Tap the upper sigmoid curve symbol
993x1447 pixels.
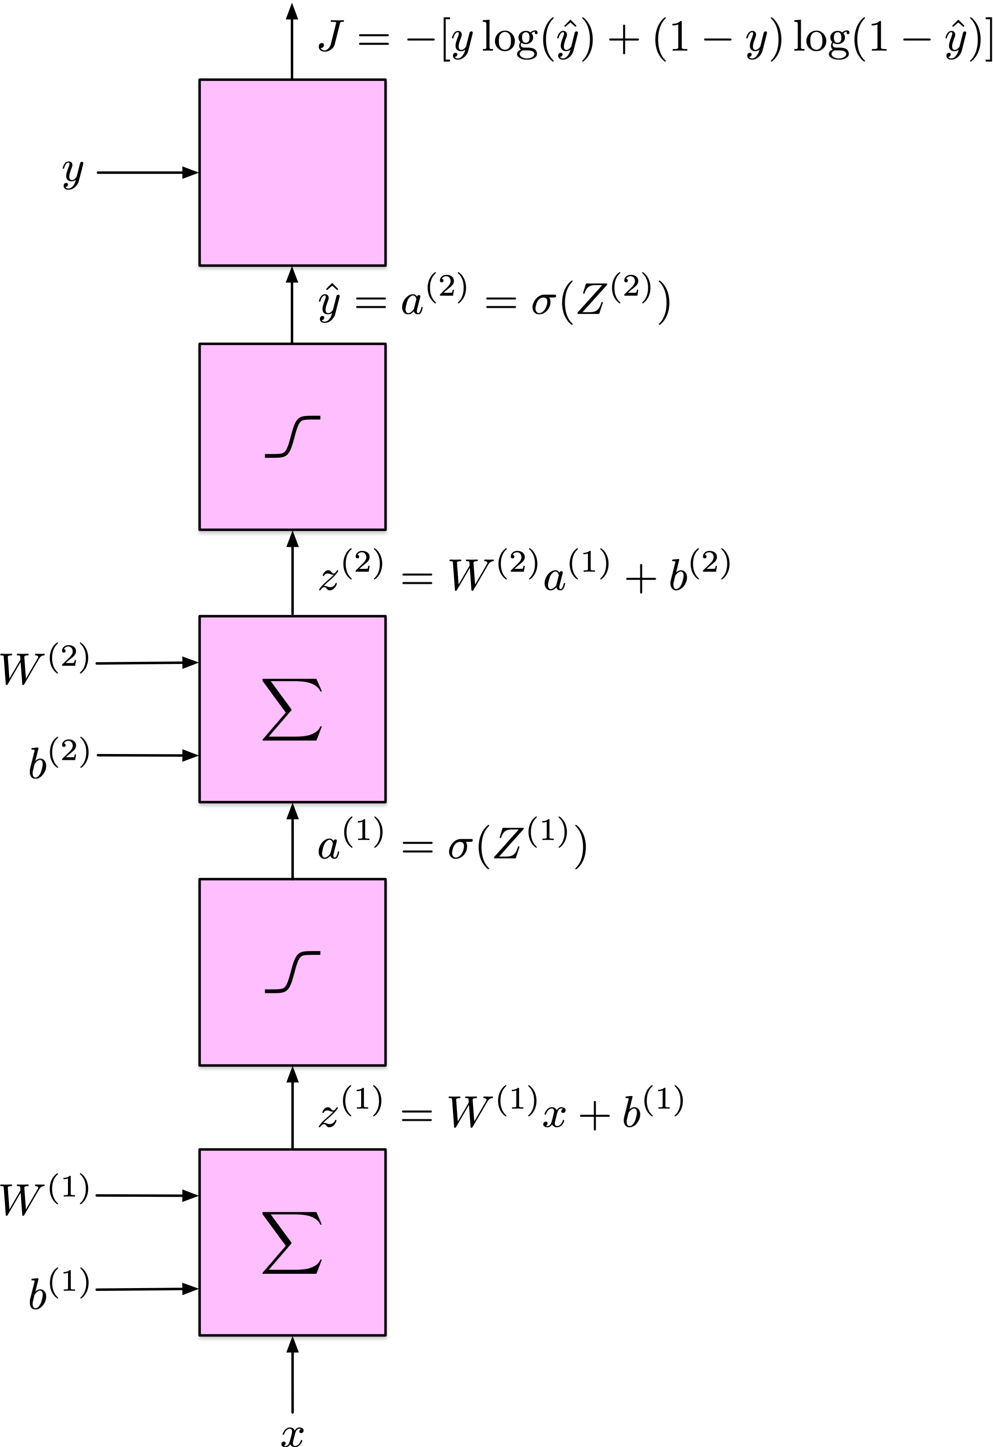tap(292, 437)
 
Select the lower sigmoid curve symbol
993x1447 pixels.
tap(292, 972)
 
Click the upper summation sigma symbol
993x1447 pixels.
tap(292, 709)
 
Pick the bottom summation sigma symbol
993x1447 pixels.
tap(292, 1243)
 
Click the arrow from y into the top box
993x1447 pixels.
tap(147, 172)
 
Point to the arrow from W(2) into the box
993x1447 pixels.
tap(147, 663)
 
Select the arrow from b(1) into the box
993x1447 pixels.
tap(147, 1289)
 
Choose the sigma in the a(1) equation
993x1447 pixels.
tap(459, 847)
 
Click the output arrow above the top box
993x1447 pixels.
tap(292, 41)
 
